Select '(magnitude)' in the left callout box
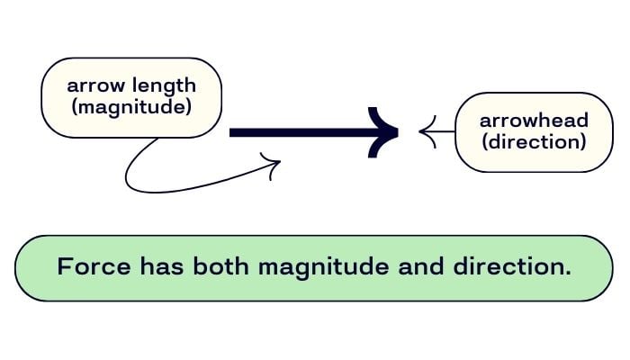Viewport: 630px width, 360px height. point(131,109)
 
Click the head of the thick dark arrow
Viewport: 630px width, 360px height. point(385,132)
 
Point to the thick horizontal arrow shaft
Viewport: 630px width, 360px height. point(297,132)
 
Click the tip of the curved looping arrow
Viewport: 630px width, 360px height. point(279,163)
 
